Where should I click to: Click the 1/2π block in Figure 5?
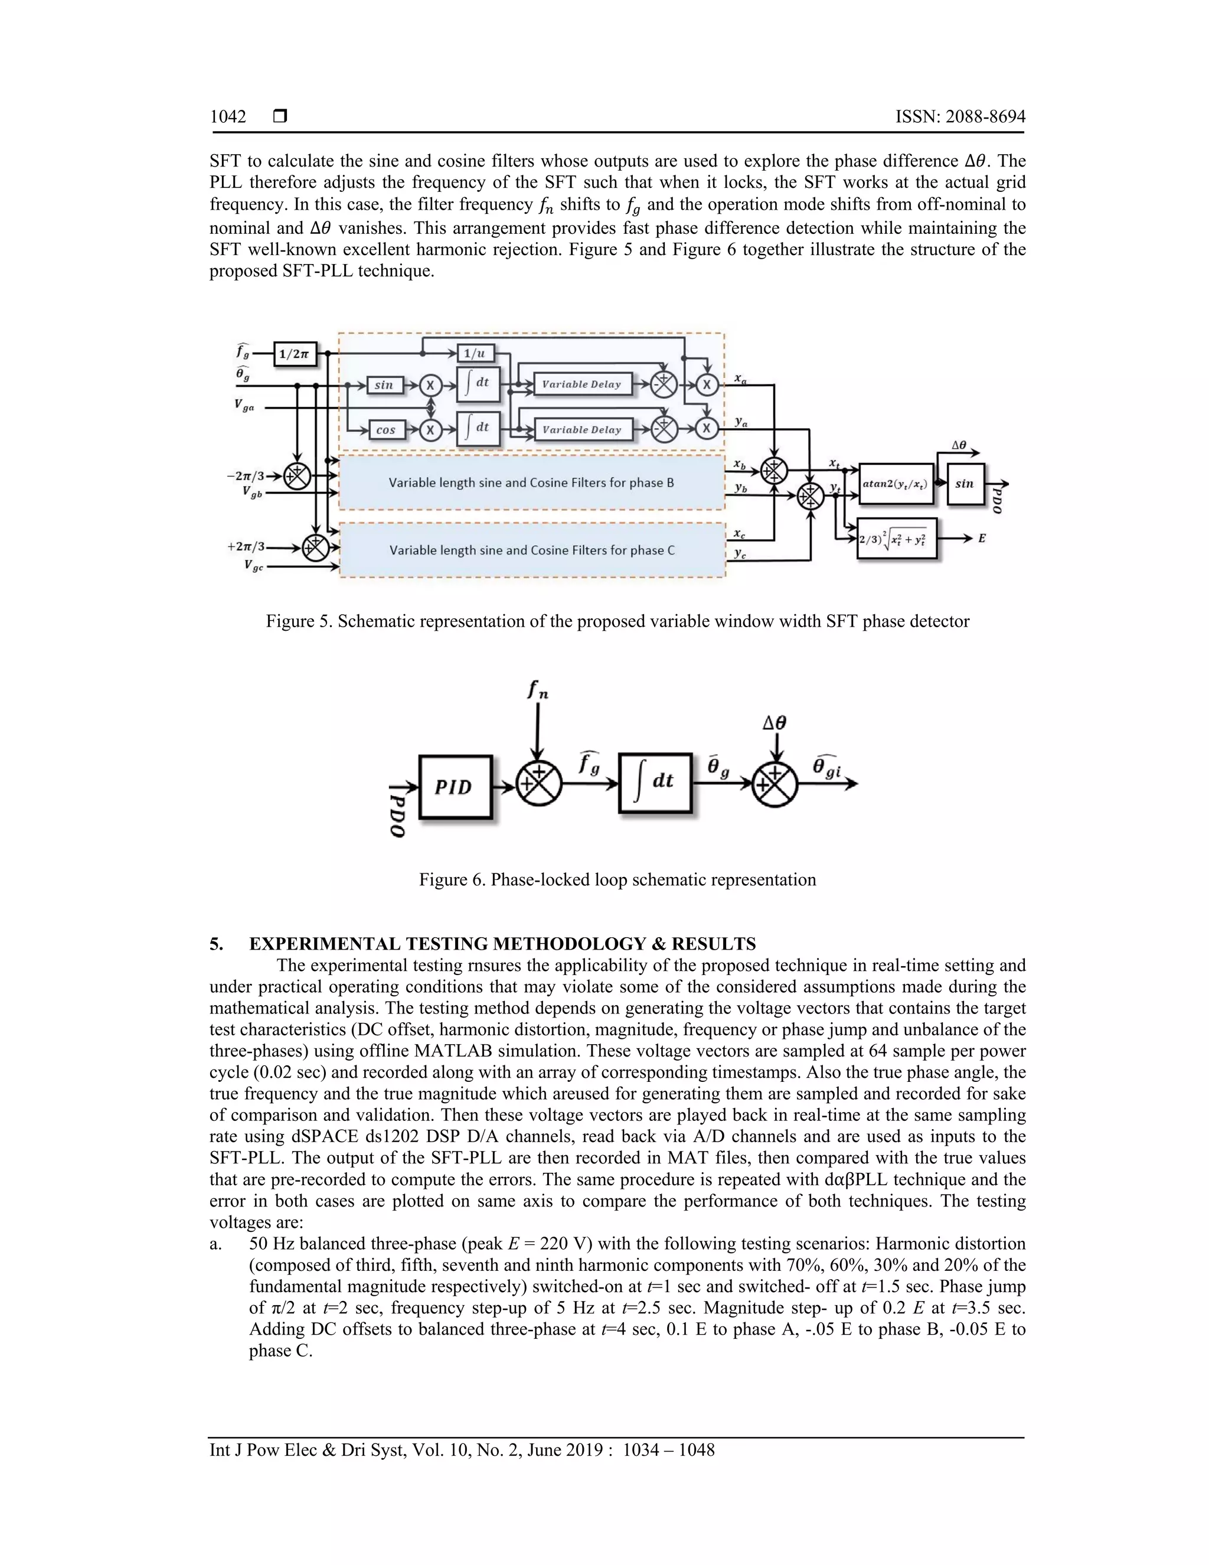(x=295, y=353)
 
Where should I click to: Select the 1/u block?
(x=474, y=353)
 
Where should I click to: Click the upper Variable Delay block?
(x=581, y=384)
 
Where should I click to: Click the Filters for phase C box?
(x=532, y=550)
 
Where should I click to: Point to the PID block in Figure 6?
(x=455, y=787)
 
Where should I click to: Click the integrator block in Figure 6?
(x=655, y=782)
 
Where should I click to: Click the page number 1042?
(x=228, y=117)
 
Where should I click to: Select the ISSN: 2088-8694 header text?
(x=960, y=117)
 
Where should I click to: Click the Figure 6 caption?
(x=617, y=880)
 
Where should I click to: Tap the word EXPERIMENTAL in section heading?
(x=326, y=944)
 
